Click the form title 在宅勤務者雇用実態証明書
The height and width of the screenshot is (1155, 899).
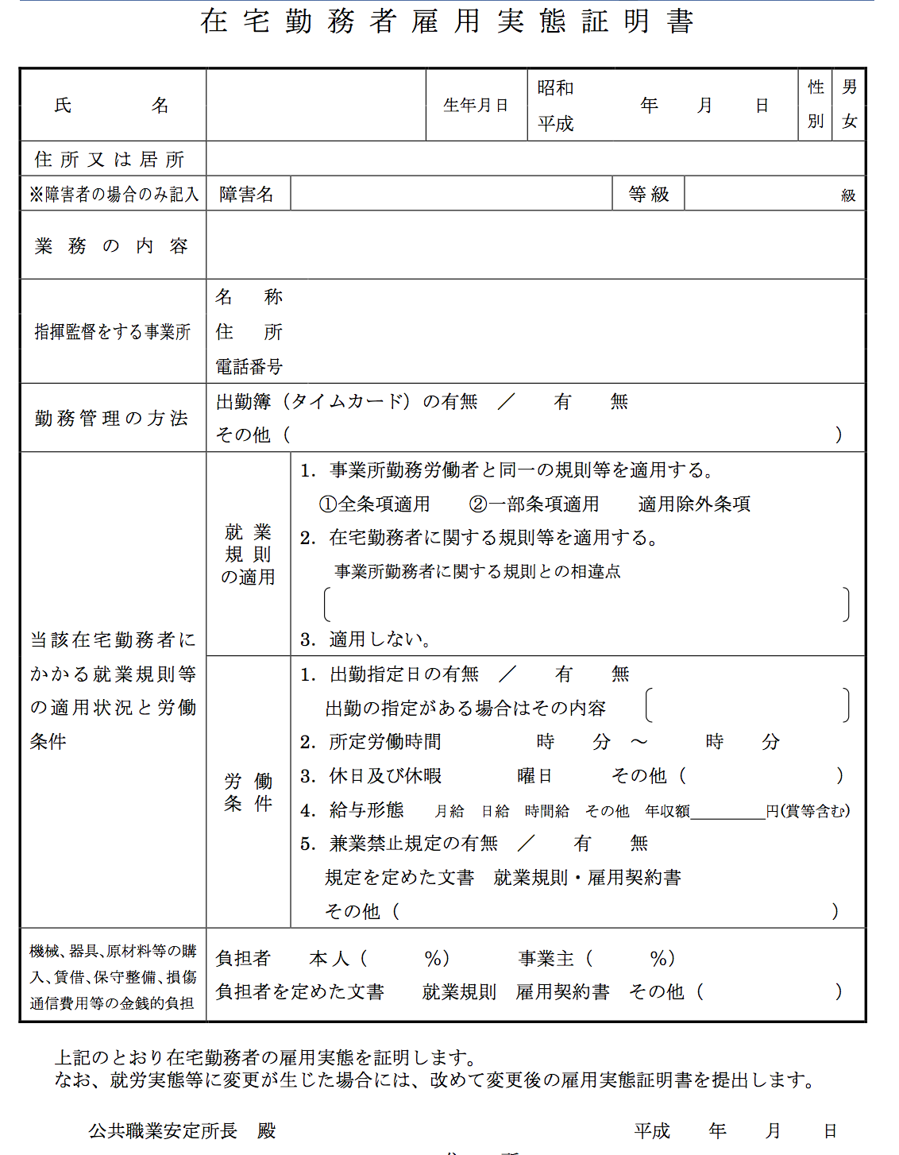(447, 21)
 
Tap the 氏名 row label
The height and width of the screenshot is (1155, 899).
(112, 106)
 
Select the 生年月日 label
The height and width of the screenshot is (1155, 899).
(476, 106)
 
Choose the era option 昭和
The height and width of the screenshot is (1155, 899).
(555, 88)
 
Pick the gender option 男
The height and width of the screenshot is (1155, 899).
(849, 87)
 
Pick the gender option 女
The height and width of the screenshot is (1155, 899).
(849, 122)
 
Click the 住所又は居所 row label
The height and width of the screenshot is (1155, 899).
(110, 160)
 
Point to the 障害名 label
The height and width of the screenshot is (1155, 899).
(247, 195)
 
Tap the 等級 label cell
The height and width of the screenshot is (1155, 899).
(648, 195)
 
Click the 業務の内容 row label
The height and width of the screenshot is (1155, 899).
(111, 246)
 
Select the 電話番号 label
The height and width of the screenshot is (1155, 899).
(249, 366)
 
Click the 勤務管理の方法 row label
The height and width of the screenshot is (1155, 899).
(111, 419)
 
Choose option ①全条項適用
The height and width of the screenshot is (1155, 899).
(374, 504)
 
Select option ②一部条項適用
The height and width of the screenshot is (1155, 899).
(534, 504)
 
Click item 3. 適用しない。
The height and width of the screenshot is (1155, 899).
(366, 639)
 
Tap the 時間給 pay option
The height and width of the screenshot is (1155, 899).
(546, 811)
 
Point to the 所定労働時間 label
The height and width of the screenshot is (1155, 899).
(385, 742)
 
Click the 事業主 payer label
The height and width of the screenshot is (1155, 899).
(546, 959)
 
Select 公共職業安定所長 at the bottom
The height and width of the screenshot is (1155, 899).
(163, 1130)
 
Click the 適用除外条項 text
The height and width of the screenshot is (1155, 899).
(694, 504)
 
